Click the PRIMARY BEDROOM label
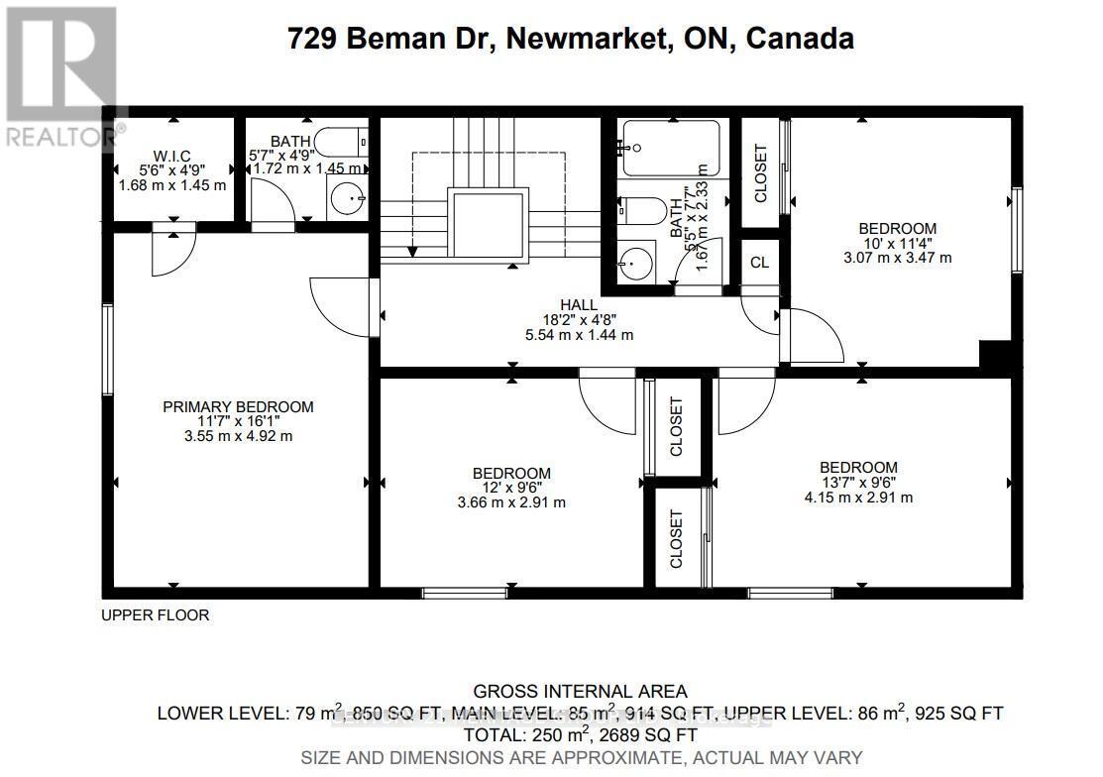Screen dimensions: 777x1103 (238, 406)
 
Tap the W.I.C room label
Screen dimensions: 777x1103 (172, 156)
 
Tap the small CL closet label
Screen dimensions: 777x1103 (759, 263)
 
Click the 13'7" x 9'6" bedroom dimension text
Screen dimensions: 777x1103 (858, 483)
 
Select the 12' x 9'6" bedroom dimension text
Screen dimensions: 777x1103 (511, 488)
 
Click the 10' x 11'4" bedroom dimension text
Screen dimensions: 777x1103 (897, 243)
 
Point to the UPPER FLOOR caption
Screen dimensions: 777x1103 (156, 615)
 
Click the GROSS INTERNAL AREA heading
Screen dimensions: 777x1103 (580, 691)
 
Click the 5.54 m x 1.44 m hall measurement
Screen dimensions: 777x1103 (581, 335)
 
